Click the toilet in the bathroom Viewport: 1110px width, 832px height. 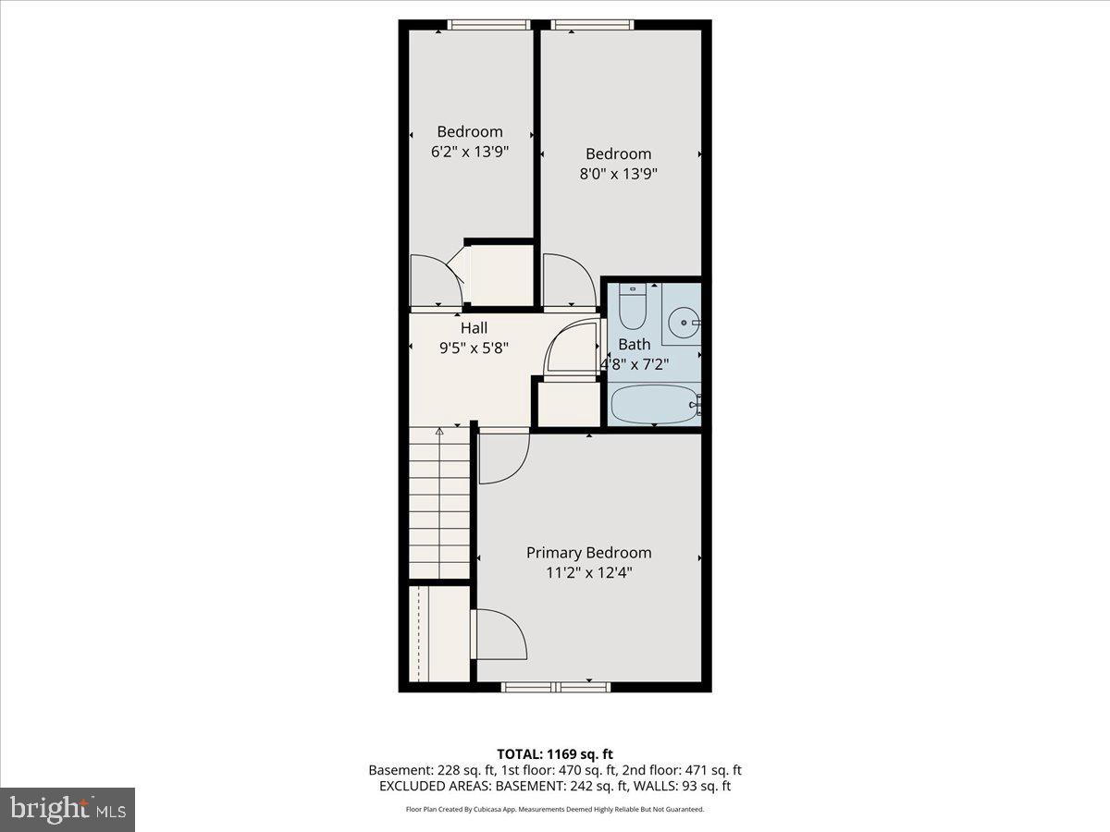click(x=633, y=309)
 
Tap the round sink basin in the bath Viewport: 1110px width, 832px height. click(x=685, y=323)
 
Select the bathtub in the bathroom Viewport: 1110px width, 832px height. click(x=651, y=405)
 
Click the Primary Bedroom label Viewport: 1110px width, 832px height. click(x=588, y=553)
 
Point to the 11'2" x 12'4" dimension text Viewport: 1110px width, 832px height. click(x=588, y=573)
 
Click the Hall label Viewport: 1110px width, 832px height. click(x=474, y=328)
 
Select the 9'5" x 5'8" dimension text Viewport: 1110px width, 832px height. click(x=474, y=349)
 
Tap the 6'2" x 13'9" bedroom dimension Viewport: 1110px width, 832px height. click(x=470, y=152)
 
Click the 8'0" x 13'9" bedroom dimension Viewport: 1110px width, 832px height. click(x=618, y=174)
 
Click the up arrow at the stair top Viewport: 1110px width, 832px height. click(x=439, y=431)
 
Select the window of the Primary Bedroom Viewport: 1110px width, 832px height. click(x=556, y=686)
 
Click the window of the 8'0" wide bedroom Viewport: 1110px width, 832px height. click(x=592, y=25)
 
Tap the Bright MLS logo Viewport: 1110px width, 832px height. click(x=68, y=810)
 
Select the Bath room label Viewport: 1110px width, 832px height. click(x=635, y=344)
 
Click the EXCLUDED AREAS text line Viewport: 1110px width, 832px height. click(x=555, y=786)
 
